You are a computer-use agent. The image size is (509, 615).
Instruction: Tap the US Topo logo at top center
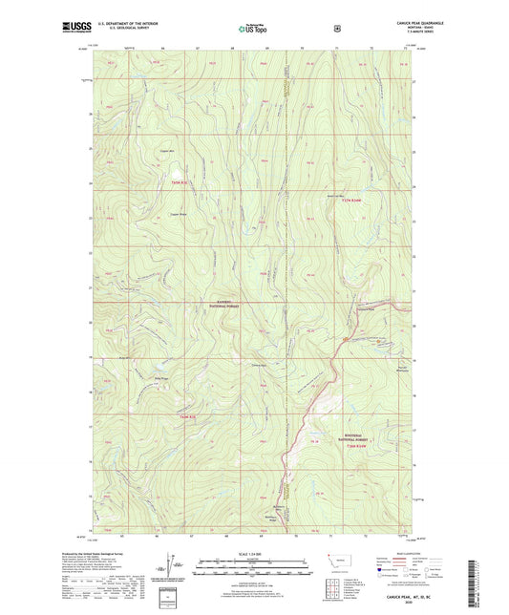(254, 30)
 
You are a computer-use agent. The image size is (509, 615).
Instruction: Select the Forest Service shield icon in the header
(336, 29)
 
